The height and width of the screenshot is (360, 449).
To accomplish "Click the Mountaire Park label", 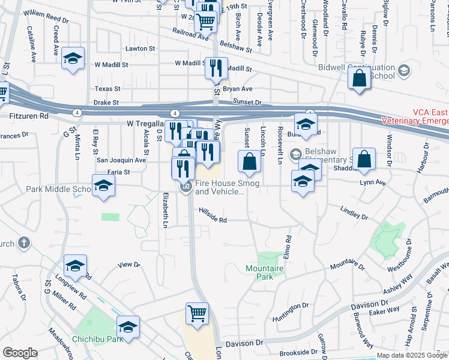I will [259, 272].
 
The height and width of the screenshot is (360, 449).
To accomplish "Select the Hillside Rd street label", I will [213, 220].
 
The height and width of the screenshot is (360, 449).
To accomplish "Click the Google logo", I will [19, 353].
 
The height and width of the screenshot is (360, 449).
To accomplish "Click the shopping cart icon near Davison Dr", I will [197, 313].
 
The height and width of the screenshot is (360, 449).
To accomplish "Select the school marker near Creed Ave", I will [73, 58].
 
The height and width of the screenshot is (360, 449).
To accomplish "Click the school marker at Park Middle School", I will [103, 185].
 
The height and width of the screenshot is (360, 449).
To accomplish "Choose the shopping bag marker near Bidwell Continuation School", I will [359, 79].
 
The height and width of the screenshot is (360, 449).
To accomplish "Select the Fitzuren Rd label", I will [28, 114].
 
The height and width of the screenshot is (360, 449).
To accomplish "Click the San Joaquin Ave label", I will [122, 160].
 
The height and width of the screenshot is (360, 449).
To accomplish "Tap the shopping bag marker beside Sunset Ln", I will [249, 161].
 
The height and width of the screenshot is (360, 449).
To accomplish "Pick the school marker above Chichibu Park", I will [128, 326].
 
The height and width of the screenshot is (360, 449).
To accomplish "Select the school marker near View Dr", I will [76, 265].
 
